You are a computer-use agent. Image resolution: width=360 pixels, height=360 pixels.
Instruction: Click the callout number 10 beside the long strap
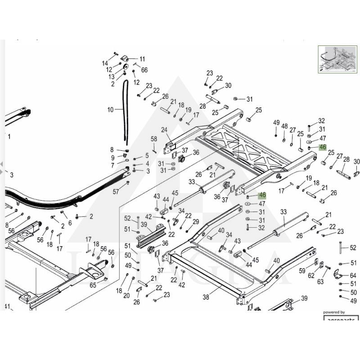click(111, 109)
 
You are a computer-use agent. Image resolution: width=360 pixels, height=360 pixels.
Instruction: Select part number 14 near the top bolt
click(105, 63)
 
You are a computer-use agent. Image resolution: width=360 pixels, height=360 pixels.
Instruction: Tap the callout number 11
click(142, 59)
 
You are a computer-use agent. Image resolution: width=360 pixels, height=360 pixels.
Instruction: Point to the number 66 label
click(144, 70)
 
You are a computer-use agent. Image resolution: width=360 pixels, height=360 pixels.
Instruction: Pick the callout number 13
click(111, 76)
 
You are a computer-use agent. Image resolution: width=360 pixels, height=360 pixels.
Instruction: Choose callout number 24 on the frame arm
click(164, 130)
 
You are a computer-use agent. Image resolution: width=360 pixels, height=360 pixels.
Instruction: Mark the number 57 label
click(116, 191)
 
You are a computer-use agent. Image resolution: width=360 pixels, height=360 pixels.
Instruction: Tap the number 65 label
click(93, 285)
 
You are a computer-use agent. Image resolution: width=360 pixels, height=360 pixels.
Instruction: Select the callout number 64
click(353, 275)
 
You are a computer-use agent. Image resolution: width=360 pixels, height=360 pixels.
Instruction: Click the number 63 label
click(320, 282)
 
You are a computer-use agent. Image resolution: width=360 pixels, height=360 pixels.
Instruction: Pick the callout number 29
click(196, 221)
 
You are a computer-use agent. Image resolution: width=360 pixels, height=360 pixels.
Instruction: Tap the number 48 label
click(284, 126)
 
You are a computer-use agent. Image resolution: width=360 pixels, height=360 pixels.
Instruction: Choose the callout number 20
click(126, 296)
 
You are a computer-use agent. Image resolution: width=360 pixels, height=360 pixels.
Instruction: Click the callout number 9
click(112, 157)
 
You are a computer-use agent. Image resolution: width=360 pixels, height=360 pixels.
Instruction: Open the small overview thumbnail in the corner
click(337, 58)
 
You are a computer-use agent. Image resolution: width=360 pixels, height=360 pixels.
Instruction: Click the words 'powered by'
click(334, 312)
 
